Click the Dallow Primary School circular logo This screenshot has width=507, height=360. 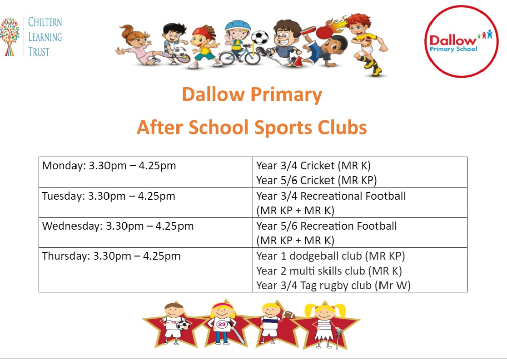(462, 41)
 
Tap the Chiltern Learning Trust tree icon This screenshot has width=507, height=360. (10, 36)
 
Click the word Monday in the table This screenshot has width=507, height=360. (64, 166)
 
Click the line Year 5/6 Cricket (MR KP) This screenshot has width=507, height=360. (317, 180)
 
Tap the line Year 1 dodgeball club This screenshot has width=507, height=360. (330, 256)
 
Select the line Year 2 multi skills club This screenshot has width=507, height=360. (329, 271)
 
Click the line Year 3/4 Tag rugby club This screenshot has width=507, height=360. (333, 286)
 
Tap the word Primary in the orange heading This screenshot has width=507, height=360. (286, 95)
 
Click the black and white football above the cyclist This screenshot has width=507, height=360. (260, 38)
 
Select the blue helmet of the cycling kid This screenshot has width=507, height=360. (238, 25)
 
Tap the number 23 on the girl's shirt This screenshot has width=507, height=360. (222, 324)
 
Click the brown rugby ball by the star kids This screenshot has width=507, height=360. (288, 314)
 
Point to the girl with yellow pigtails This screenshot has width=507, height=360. (325, 324)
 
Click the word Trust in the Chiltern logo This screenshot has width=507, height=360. (39, 52)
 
